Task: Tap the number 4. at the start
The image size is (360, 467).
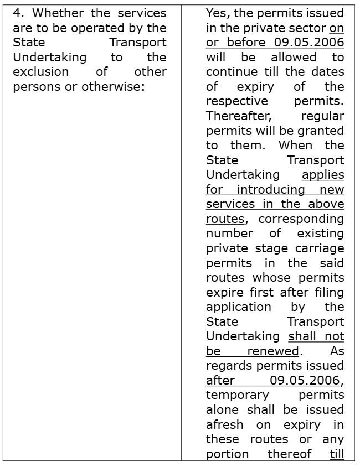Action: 18,13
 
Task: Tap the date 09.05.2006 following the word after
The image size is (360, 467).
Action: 306,380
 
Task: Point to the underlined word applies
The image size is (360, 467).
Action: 323,175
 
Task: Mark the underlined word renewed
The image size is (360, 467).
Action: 273,351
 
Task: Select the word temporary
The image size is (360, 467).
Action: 237,395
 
